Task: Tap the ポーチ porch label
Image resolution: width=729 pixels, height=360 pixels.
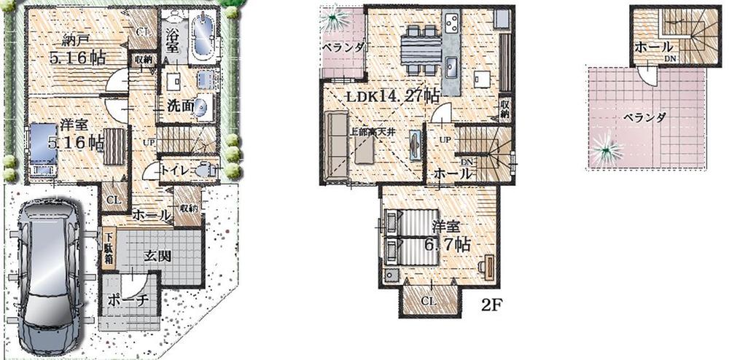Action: (128, 300)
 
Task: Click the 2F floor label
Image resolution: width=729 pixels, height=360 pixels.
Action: (488, 305)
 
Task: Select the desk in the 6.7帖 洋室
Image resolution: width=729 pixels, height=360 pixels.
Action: (487, 267)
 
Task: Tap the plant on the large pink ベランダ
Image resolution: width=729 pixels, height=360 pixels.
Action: (606, 153)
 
